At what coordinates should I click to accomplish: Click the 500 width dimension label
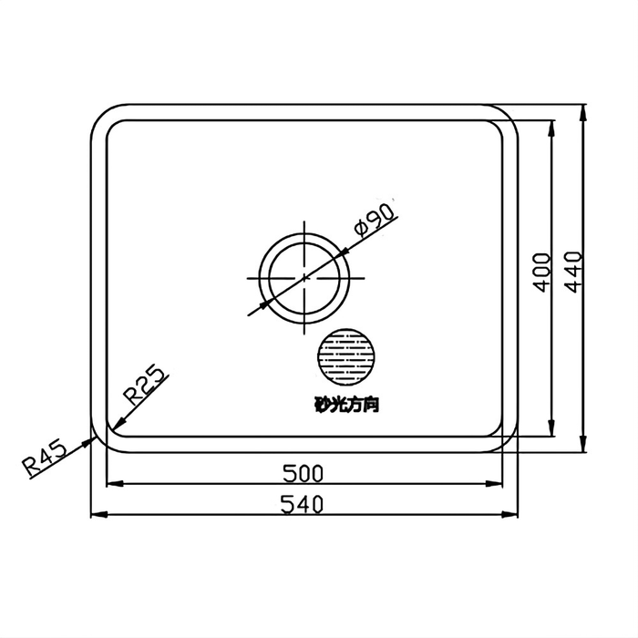[x=304, y=473]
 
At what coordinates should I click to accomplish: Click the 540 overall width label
[x=304, y=503]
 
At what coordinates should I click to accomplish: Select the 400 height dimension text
[x=541, y=272]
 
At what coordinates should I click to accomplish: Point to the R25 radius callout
[x=143, y=384]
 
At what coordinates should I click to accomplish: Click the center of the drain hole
[x=304, y=277]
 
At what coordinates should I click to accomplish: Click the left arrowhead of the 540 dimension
[x=96, y=515]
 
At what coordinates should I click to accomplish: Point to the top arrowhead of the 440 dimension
[x=583, y=110]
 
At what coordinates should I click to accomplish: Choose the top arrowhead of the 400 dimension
[x=551, y=126]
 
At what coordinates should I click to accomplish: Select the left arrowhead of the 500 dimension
[x=112, y=485]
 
